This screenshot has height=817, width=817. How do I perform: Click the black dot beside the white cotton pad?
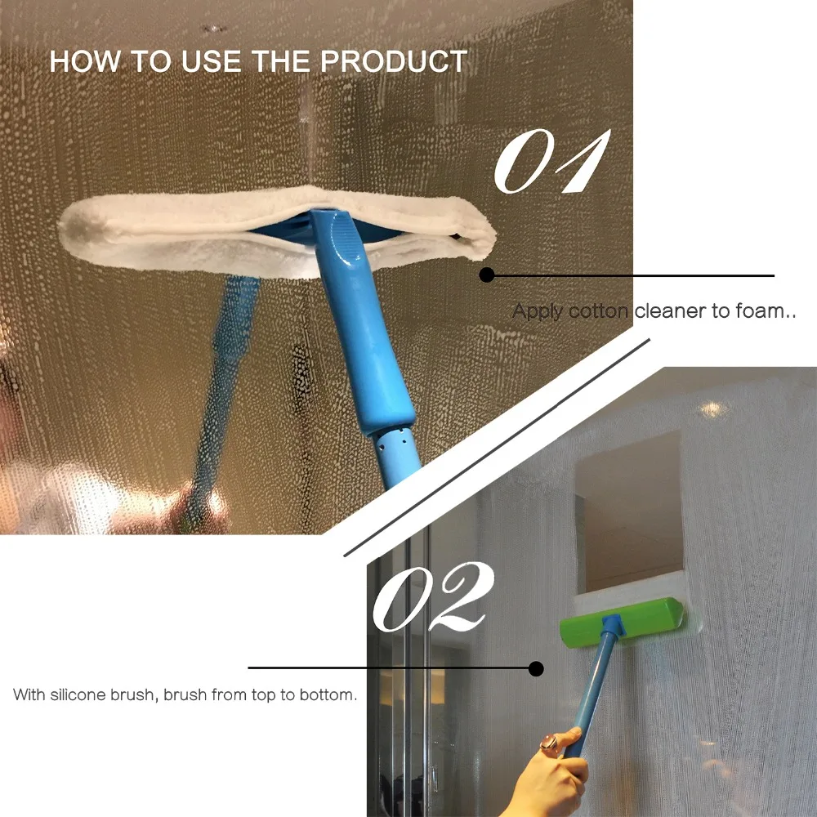pos(487,275)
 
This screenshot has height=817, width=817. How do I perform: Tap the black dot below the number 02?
pos(536,668)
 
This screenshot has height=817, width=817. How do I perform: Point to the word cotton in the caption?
pos(599,311)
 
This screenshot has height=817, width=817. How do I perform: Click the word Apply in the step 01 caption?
pos(538,311)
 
